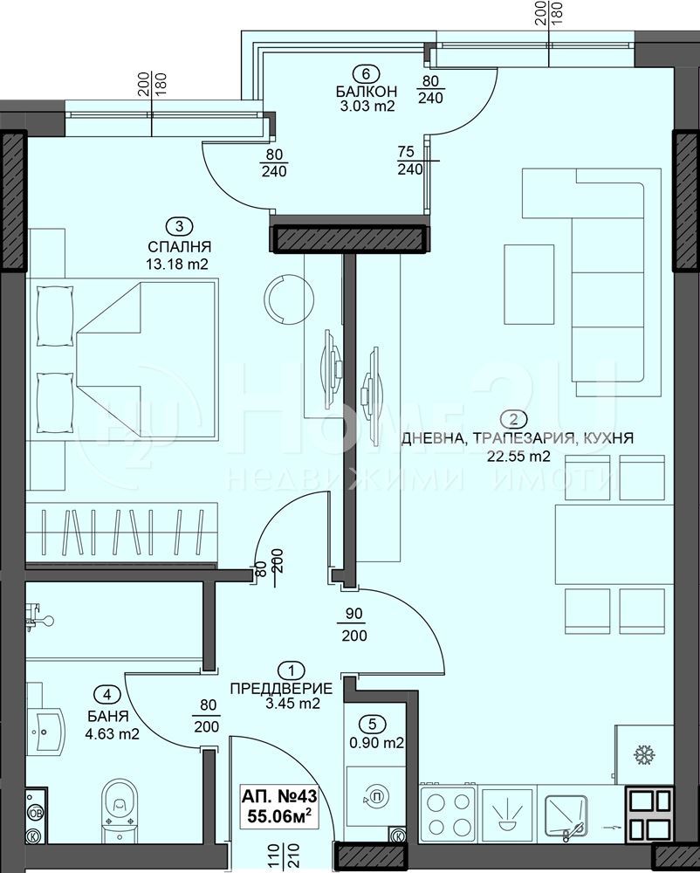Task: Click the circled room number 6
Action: click(x=366, y=73)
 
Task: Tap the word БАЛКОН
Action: click(x=366, y=91)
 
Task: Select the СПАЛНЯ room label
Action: click(x=179, y=246)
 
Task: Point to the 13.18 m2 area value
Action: click(x=177, y=264)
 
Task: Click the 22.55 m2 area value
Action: click(x=518, y=457)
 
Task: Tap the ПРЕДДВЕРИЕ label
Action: click(x=282, y=688)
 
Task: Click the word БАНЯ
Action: click(x=108, y=716)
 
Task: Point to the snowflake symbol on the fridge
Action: click(x=644, y=755)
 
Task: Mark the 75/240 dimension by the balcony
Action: click(x=410, y=161)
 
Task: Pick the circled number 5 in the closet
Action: click(x=373, y=724)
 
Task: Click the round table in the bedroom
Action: click(x=289, y=299)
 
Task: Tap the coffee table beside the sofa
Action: click(x=529, y=284)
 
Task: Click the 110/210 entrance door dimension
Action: click(x=278, y=856)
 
